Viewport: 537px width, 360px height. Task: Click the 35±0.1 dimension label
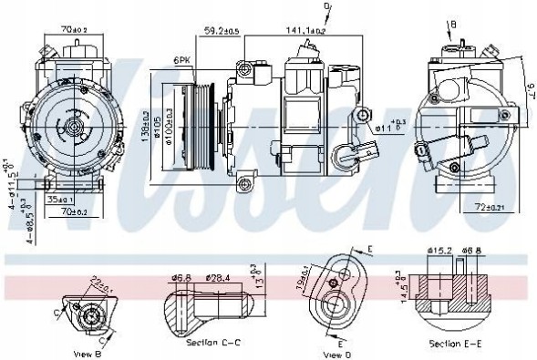click(59, 198)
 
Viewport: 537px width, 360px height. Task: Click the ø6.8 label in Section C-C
click(181, 279)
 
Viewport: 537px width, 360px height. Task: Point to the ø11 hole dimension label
click(389, 128)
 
